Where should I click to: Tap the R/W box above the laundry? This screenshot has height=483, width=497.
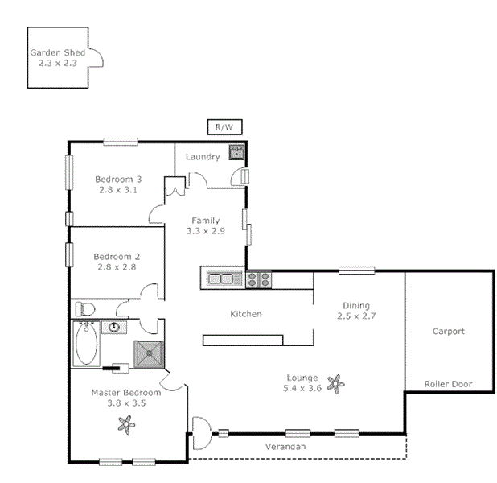point(223,126)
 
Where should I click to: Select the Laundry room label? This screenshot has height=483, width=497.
point(202,156)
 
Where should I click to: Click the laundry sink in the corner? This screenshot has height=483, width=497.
point(236,152)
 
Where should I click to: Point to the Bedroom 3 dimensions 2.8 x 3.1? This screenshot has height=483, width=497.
point(118,190)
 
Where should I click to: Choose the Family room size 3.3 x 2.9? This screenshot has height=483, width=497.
point(206,230)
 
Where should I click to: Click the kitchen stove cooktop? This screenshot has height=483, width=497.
point(259,279)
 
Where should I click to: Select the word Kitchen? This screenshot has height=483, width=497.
point(246,314)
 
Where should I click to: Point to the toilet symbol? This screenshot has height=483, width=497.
point(86,309)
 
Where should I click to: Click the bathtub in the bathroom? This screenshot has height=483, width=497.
point(87,344)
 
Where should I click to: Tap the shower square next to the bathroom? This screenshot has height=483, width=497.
point(149,352)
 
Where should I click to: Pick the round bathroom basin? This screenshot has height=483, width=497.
point(115,327)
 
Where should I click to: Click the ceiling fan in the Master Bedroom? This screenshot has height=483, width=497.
point(125,423)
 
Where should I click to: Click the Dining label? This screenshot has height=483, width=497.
point(356,305)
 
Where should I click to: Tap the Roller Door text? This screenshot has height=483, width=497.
point(448,384)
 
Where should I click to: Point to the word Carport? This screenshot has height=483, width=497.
point(448,331)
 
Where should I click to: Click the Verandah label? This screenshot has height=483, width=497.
point(286,446)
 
